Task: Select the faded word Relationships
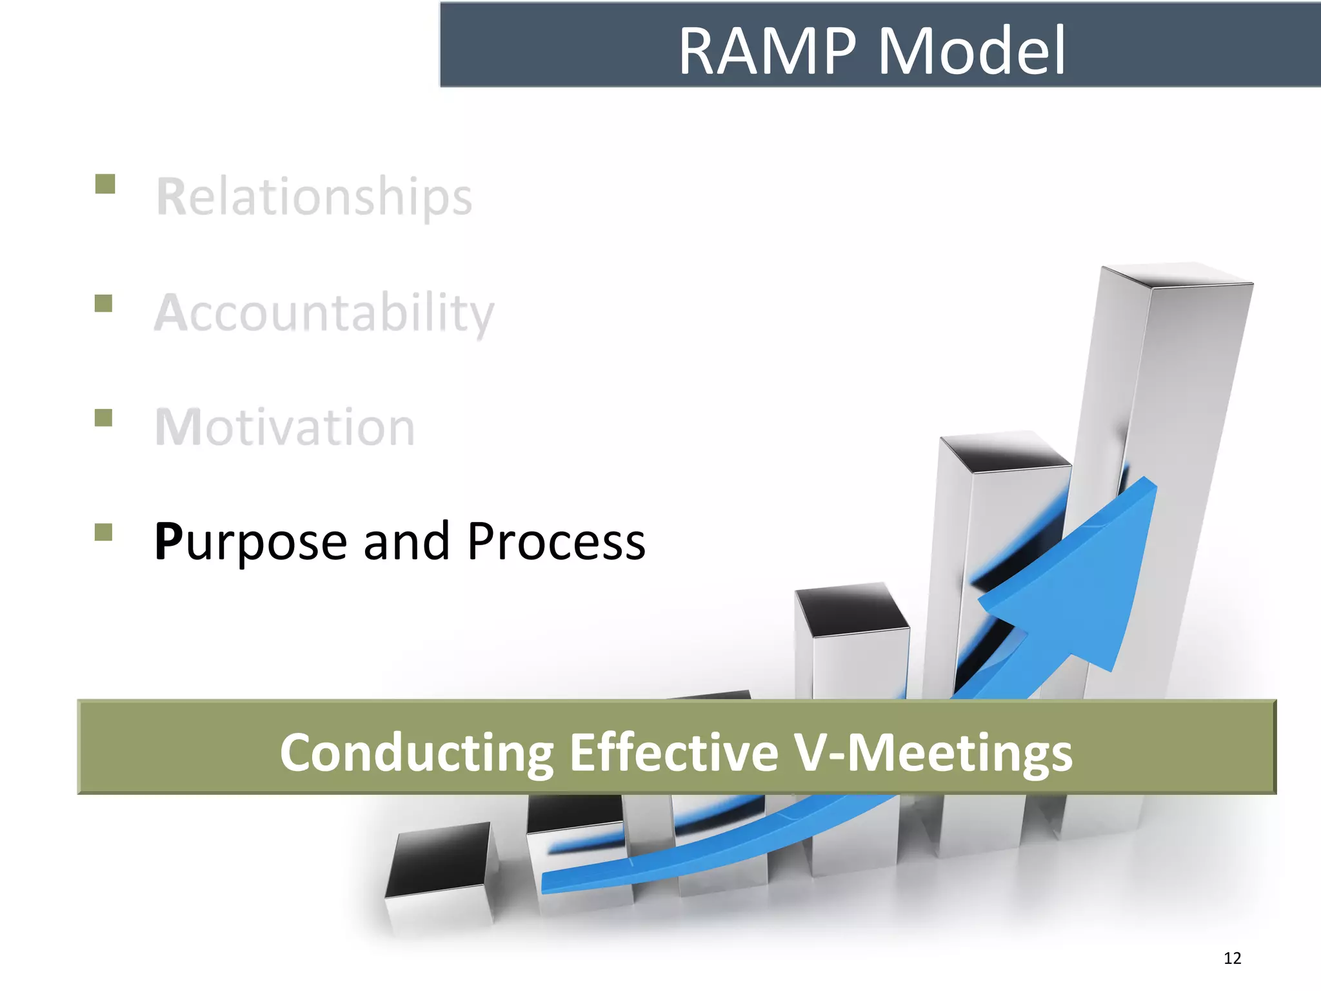click(x=314, y=197)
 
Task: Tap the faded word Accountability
click(x=324, y=313)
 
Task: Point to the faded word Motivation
click(x=284, y=427)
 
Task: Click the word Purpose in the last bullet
click(x=251, y=542)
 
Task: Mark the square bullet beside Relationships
click(x=104, y=184)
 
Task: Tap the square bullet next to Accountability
click(x=103, y=303)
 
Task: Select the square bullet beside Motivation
click(x=103, y=417)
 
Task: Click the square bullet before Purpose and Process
click(x=103, y=532)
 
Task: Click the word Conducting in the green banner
click(x=416, y=752)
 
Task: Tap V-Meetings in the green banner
click(x=933, y=752)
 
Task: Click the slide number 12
click(x=1232, y=958)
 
